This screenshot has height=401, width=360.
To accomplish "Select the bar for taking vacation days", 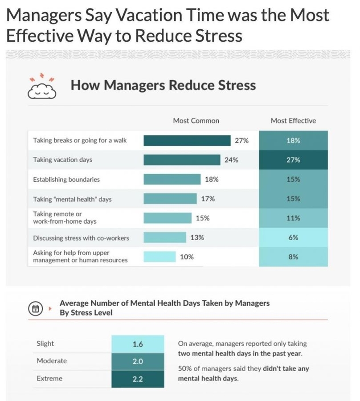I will pos(182,160).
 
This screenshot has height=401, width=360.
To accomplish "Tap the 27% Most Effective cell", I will pos(293,160).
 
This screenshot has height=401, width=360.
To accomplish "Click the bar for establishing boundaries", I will pos(172,180).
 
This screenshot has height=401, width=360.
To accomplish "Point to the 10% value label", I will pos(187,257).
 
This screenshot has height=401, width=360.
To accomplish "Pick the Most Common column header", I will pos(196,121).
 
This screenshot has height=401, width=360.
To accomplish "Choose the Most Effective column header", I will pos(293,121).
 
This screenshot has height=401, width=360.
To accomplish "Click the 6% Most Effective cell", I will pos(293,237).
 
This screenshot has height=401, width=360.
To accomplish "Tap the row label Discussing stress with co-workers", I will pos(81,238).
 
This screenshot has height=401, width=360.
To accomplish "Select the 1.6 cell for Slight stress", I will pos(138,344).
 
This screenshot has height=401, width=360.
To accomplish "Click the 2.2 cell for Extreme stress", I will pos(138,379).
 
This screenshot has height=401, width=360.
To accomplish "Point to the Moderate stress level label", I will pos(52,361).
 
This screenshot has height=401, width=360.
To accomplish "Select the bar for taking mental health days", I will pos(170,199).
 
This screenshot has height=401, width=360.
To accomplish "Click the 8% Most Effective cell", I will pos(293,257).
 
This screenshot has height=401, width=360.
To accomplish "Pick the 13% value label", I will pos(197,237).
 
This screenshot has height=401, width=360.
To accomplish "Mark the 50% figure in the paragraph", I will pos(185,368).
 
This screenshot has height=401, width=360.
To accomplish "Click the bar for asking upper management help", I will pos(160,257).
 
